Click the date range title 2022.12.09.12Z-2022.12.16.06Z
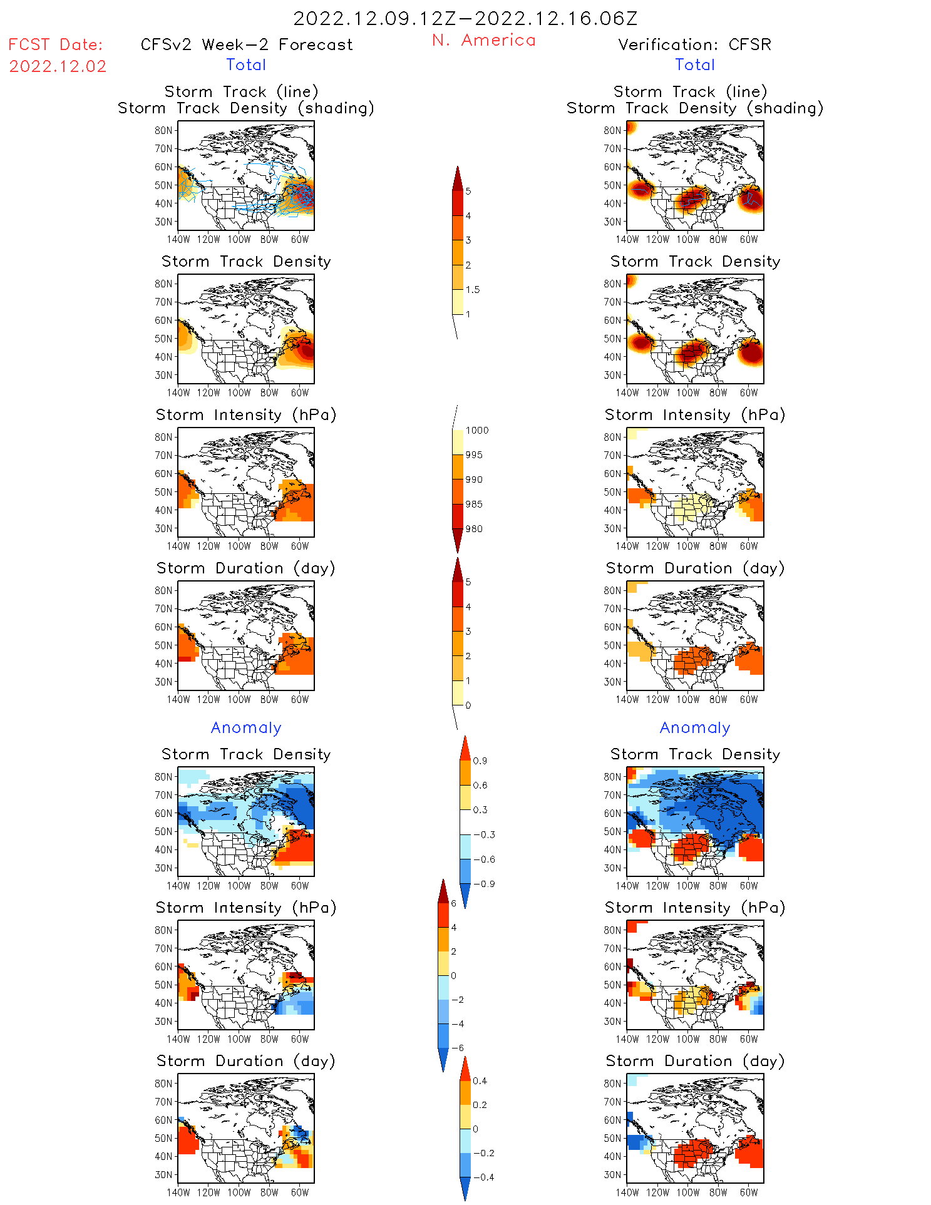click(x=465, y=19)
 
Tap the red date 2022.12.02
click(x=58, y=66)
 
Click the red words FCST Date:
click(x=55, y=45)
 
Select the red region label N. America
click(x=484, y=41)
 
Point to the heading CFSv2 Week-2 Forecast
click(x=247, y=45)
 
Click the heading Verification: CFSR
click(x=694, y=45)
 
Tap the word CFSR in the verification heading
click(x=750, y=45)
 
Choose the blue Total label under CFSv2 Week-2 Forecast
click(x=246, y=65)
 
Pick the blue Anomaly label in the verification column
click(x=695, y=728)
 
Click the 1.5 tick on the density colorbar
click(x=473, y=290)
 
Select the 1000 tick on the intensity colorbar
click(x=476, y=431)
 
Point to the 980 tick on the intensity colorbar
click(x=474, y=529)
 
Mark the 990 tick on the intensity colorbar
click(x=474, y=479)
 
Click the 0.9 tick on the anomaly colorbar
click(x=480, y=761)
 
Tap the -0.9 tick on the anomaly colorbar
click(x=483, y=884)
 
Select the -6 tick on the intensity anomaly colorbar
click(x=458, y=1048)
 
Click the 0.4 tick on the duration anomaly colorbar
click(x=480, y=1081)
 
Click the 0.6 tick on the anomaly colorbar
click(x=480, y=786)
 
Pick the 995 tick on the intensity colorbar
click(x=474, y=455)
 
